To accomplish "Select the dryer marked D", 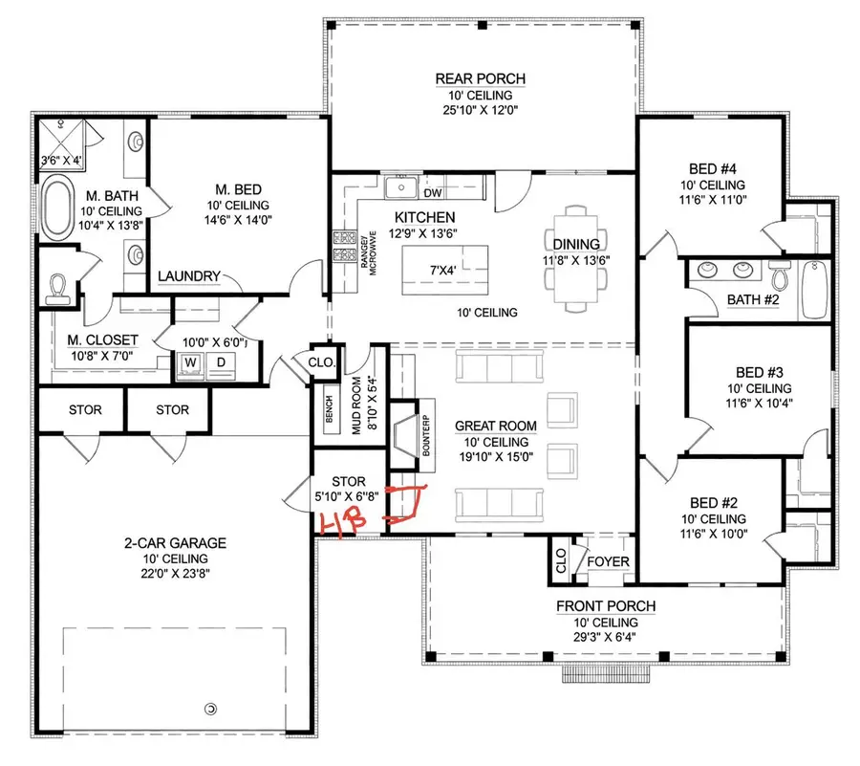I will pyautogui.click(x=220, y=363).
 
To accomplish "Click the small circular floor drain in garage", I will pyautogui.click(x=211, y=708).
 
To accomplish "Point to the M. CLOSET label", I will pyautogui.click(x=102, y=339).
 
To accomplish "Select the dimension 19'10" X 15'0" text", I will pyautogui.click(x=493, y=458).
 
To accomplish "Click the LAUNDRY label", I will pyautogui.click(x=189, y=276).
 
